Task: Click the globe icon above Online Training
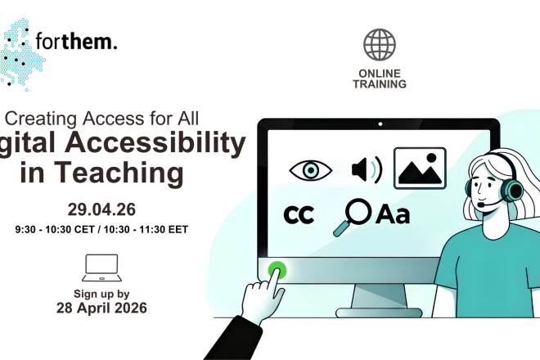[x=380, y=45]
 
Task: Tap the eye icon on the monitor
[x=311, y=170]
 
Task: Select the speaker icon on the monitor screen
[x=365, y=169]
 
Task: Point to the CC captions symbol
[x=299, y=214]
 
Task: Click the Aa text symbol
[x=393, y=214]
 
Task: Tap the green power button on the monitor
[x=277, y=269]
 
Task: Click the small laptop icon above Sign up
[x=101, y=266]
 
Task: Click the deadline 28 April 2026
[x=101, y=308]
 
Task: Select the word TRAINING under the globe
[x=380, y=83]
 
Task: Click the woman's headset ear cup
[x=513, y=190]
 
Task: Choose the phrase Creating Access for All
[x=102, y=117]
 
